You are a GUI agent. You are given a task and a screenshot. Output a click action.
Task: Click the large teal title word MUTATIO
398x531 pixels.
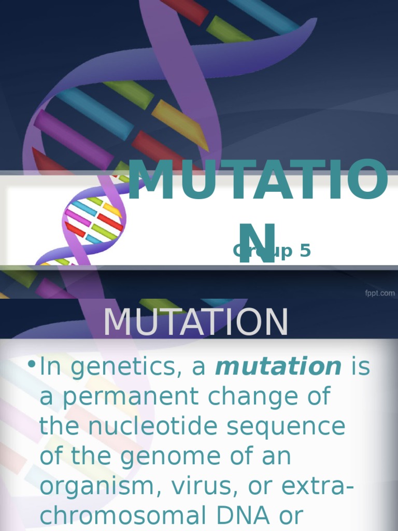(x=258, y=181)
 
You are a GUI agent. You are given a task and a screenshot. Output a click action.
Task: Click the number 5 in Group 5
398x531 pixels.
(x=305, y=251)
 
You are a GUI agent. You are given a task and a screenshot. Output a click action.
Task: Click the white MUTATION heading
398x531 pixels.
(x=195, y=323)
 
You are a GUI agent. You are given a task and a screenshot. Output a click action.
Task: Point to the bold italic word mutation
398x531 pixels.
(x=278, y=367)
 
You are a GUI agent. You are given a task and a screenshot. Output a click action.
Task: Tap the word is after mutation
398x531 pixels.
(x=361, y=367)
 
